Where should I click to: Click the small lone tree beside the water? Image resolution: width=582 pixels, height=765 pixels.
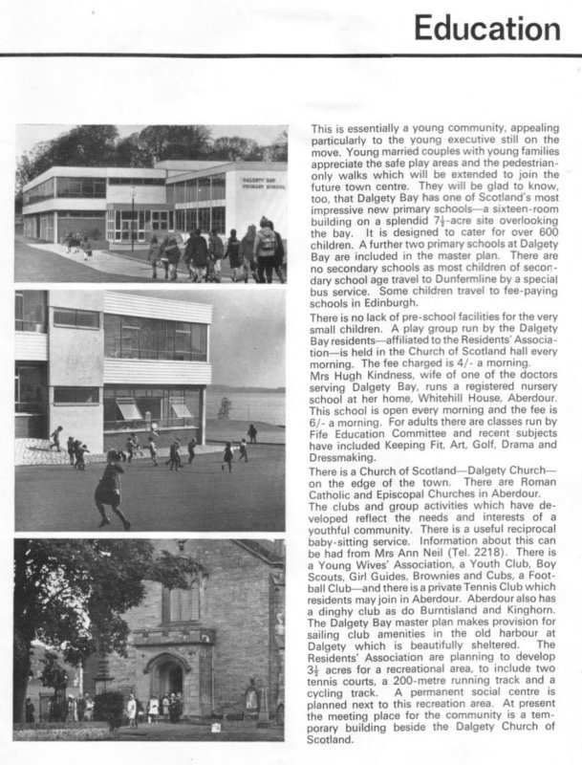point(225,407)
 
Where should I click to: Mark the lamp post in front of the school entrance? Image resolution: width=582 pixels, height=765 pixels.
point(132,216)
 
